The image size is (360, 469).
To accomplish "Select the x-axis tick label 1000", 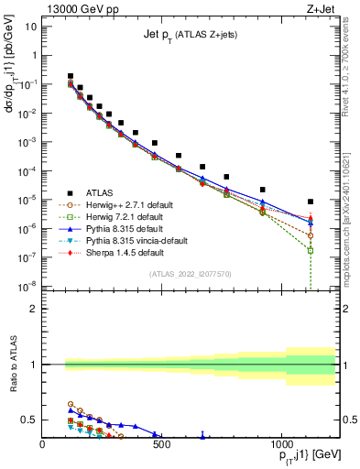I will point(280,448).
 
